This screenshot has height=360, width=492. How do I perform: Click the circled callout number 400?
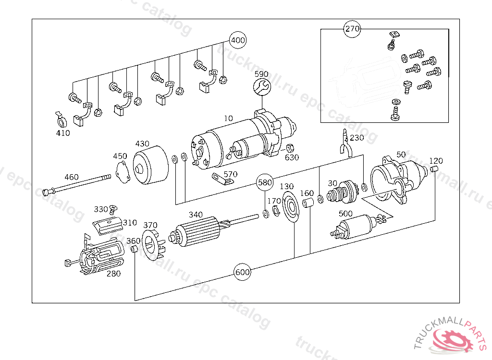click(x=237, y=40)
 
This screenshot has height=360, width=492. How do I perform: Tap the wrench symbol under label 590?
click(x=262, y=87)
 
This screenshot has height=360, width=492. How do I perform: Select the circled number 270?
click(x=352, y=29)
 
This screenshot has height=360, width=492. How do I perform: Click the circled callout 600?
click(x=242, y=272)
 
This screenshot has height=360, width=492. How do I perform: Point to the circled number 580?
click(x=265, y=182)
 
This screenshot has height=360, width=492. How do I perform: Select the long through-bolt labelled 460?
click(x=77, y=186)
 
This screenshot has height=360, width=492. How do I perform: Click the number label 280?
click(x=114, y=274)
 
